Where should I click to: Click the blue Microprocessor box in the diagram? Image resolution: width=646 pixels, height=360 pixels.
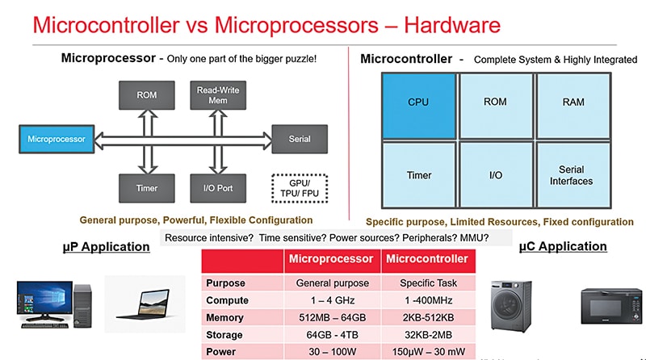[56, 139]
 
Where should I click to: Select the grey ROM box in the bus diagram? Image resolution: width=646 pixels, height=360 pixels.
[146, 94]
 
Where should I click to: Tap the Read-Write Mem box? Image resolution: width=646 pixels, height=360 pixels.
[212, 94]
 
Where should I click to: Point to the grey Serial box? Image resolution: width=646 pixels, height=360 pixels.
[299, 139]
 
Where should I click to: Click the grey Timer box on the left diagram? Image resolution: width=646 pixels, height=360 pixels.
[146, 187]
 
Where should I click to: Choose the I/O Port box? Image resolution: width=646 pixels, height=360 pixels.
[212, 187]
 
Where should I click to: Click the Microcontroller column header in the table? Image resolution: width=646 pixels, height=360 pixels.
[427, 259]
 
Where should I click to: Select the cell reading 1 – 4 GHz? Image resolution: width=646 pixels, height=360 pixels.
[332, 301]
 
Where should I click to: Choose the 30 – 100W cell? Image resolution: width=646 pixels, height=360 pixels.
[332, 351]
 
